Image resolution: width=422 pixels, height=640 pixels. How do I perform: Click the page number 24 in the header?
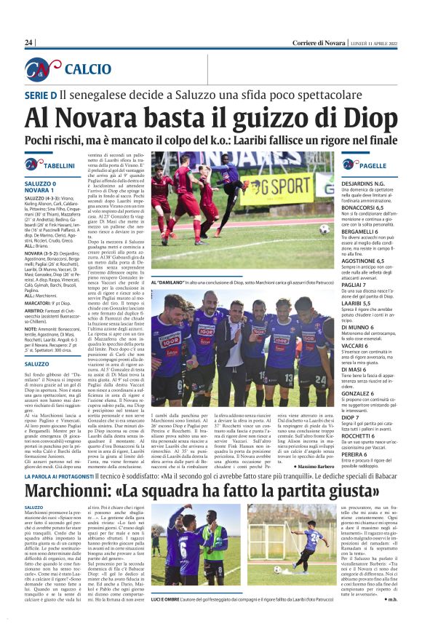[28, 43]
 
